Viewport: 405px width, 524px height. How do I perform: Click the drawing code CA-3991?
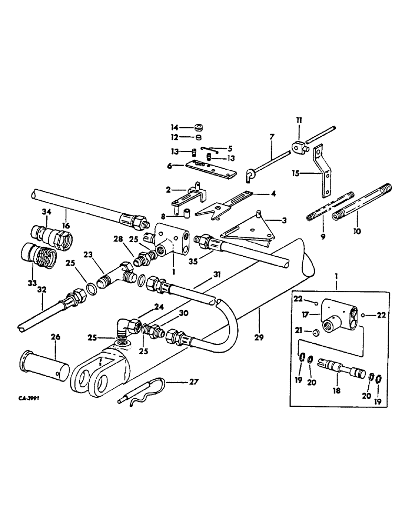[30, 398]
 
